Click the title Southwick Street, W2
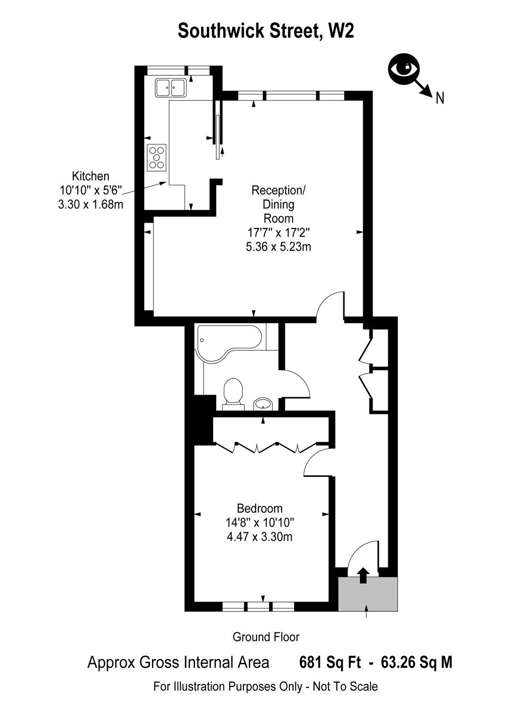tap(266, 32)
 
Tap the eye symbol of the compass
tap(403, 68)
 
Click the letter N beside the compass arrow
tap(440, 98)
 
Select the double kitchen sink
tap(170, 87)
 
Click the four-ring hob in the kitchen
tap(157, 157)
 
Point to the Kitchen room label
tap(90, 176)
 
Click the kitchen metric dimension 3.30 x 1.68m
tap(90, 204)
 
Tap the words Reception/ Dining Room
tap(278, 204)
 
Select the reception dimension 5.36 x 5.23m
tap(278, 246)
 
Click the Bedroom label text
tap(259, 509)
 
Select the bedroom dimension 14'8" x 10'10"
tap(259, 523)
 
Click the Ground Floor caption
tap(266, 637)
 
